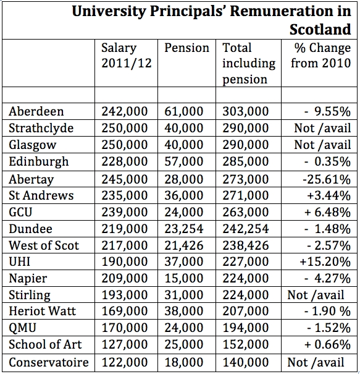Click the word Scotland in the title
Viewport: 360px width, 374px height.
tap(320, 29)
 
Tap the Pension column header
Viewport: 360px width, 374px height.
tap(186, 48)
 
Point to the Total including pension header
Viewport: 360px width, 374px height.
tap(249, 63)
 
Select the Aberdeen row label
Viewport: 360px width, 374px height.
tap(36, 111)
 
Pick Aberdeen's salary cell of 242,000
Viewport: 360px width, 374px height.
tap(125, 111)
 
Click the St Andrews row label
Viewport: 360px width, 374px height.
tap(41, 195)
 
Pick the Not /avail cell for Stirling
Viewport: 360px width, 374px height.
tap(319, 295)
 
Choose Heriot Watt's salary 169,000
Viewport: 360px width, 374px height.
tap(125, 312)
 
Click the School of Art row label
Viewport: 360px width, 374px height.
tap(45, 345)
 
